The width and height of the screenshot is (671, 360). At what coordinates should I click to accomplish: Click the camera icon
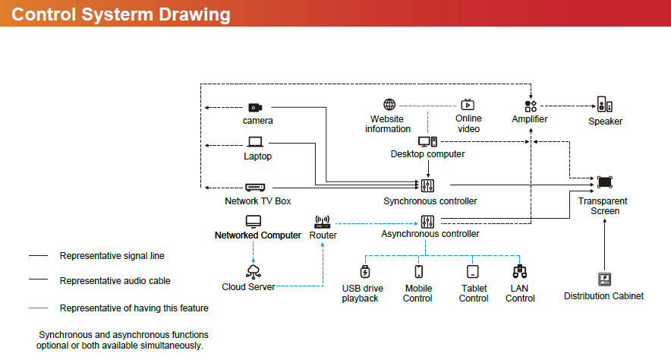click(x=256, y=107)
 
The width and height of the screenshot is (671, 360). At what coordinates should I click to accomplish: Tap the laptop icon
click(x=255, y=142)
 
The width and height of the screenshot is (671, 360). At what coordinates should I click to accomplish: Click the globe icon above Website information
click(x=389, y=105)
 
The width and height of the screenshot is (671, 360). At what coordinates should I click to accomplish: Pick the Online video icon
click(x=468, y=105)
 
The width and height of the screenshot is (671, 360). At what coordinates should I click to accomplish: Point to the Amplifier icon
click(x=531, y=106)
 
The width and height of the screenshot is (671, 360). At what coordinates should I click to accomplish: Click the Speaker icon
click(x=604, y=106)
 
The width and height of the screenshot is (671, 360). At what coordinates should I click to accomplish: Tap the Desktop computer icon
click(x=427, y=141)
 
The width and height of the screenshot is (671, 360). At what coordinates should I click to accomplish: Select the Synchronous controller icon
click(x=427, y=185)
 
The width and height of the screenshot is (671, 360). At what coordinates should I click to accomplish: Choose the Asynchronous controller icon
click(x=427, y=222)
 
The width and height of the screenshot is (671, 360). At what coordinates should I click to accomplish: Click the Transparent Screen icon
click(x=604, y=182)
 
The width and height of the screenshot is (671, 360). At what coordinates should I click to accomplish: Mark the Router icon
click(x=322, y=222)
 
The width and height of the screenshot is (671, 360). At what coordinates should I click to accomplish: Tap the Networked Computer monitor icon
click(x=254, y=221)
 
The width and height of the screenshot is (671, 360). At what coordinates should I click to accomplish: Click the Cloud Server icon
click(x=254, y=271)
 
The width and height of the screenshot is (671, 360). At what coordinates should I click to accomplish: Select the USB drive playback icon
click(x=365, y=271)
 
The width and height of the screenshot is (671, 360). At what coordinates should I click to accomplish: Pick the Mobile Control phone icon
click(x=418, y=271)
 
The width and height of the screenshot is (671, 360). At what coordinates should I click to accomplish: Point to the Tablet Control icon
click(x=473, y=271)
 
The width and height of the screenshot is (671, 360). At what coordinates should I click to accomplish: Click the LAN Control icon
click(x=520, y=271)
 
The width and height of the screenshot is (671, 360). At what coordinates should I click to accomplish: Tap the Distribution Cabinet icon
click(x=604, y=279)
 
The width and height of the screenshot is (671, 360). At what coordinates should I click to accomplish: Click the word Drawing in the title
click(x=193, y=14)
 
